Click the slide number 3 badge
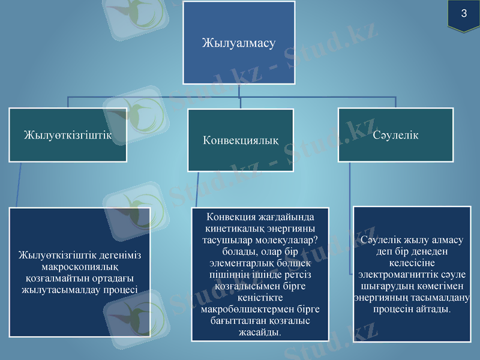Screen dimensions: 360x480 pos(464,14)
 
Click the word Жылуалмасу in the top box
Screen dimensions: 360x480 pos(239,43)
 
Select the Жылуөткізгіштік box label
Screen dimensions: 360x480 pos(68,134)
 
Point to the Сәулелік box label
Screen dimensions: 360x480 pos(395,135)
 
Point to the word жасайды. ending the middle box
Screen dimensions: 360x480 pos(260,332)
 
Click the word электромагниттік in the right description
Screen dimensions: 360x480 pos(395,274)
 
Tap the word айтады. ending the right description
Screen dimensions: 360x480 pos(433,308)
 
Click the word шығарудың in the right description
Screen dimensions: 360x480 pos(382,286)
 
